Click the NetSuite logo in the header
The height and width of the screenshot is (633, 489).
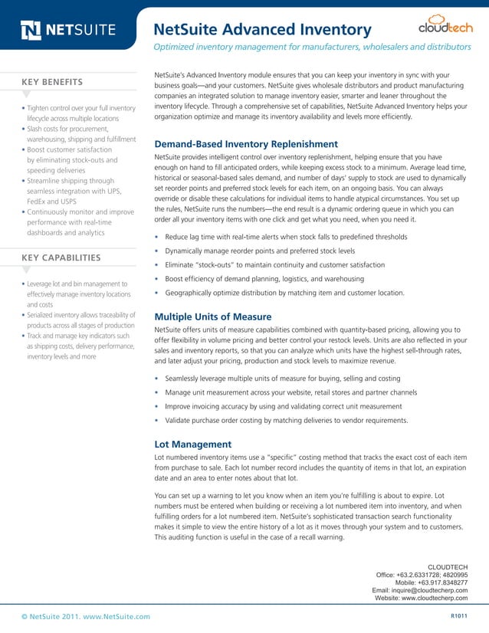[69, 31]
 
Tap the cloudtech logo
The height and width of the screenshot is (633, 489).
[445, 26]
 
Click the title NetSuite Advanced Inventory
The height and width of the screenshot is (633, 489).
[263, 30]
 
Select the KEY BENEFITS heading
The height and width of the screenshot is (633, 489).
[53, 82]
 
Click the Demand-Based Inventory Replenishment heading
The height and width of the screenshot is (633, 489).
[246, 144]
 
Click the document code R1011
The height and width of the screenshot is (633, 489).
[457, 616]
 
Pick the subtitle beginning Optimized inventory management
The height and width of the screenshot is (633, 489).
[312, 48]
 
